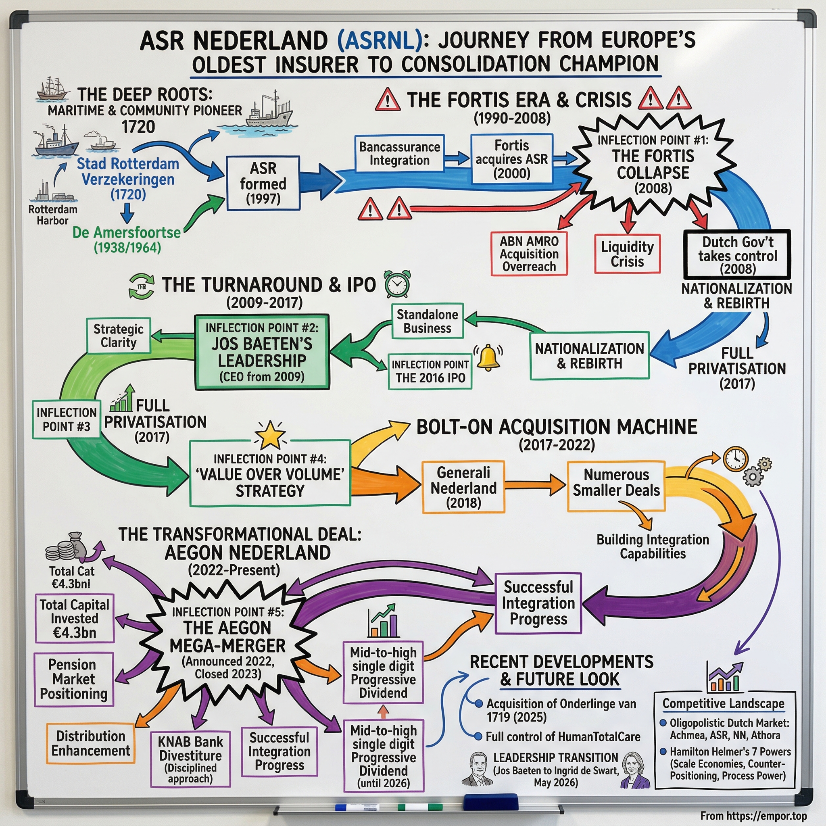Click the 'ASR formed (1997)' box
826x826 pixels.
click(x=263, y=183)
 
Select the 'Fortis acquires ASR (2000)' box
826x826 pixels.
click(x=511, y=159)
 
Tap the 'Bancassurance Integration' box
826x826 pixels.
click(x=399, y=154)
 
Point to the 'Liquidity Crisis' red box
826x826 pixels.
click(x=627, y=254)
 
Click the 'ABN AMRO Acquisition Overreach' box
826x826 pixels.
click(x=529, y=254)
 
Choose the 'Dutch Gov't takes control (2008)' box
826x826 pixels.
click(x=737, y=255)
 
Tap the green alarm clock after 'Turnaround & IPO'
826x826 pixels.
click(x=397, y=284)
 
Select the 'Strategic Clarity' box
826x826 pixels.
click(x=119, y=336)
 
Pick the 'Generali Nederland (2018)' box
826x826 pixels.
click(x=463, y=487)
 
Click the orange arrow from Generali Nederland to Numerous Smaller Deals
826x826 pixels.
click(x=535, y=485)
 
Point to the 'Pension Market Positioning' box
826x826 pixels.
click(x=73, y=679)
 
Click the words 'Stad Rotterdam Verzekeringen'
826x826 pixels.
click(x=127, y=171)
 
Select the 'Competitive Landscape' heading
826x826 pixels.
click(x=724, y=703)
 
